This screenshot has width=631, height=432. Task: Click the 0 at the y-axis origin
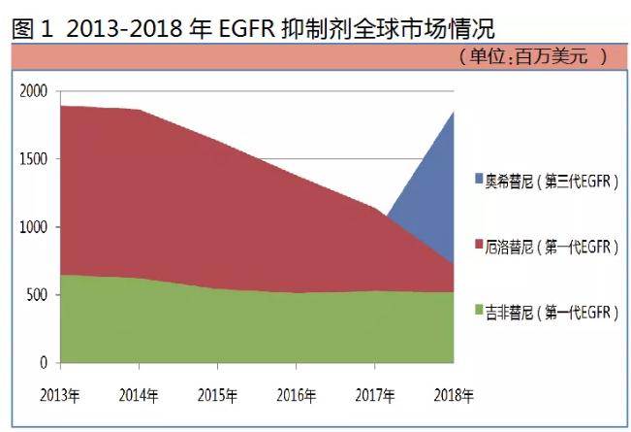tap(44, 363)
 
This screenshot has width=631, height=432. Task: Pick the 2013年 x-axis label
tap(60, 395)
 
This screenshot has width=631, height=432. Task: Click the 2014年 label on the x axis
tap(139, 395)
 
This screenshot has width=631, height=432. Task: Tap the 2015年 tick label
tap(217, 395)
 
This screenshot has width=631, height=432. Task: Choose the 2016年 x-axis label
tap(296, 395)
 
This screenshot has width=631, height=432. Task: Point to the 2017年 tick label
tap(374, 395)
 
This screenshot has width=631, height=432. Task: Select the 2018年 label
tap(453, 395)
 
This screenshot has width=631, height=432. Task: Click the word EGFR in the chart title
tap(244, 26)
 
